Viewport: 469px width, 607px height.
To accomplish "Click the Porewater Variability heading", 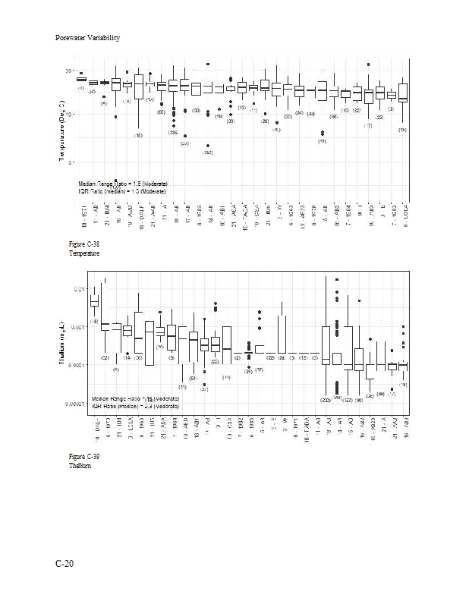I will pyautogui.click(x=88, y=37).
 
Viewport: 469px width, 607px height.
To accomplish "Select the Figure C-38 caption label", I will pyautogui.click(x=83, y=244).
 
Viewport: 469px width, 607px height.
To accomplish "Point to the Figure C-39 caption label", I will pyautogui.click(x=83, y=457).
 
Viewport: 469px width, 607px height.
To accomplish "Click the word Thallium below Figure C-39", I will pyautogui.click(x=80, y=466).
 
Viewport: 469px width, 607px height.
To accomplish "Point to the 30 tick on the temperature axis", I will pyautogui.click(x=68, y=71).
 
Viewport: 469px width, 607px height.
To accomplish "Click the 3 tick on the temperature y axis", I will pyautogui.click(x=71, y=162).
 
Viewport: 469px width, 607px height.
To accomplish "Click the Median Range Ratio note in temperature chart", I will pyautogui.click(x=123, y=184).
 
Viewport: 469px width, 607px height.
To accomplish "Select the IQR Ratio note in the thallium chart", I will pyautogui.click(x=135, y=406).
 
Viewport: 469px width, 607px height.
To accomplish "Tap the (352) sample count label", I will pyautogui.click(x=207, y=153).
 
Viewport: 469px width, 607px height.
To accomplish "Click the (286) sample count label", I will pyautogui.click(x=173, y=132).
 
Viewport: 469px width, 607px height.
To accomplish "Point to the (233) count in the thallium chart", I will pyautogui.click(x=326, y=398).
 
